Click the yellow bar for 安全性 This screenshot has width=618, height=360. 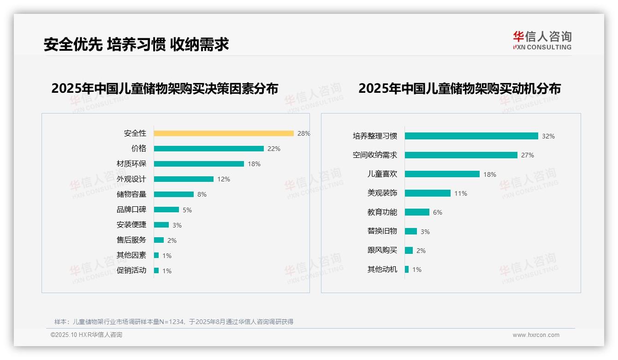click(x=224, y=133)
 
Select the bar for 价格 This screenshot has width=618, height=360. click(x=208, y=149)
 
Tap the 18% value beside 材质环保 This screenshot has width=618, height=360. click(x=254, y=164)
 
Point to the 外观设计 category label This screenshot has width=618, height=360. click(x=131, y=179)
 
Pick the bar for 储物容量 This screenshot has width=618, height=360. click(x=174, y=194)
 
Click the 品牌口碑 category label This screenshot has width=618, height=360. click(x=131, y=210)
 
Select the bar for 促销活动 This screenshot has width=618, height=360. click(x=156, y=270)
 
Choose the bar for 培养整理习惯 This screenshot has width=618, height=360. click(x=471, y=136)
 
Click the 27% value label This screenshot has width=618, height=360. click(x=528, y=155)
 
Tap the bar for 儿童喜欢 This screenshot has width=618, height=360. click(x=442, y=174)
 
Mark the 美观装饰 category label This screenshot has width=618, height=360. click(x=382, y=193)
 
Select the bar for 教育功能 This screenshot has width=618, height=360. click(x=417, y=212)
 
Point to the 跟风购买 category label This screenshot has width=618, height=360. click(x=382, y=250)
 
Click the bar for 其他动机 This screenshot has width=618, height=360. click(x=407, y=270)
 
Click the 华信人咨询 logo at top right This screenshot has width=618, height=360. click(x=542, y=41)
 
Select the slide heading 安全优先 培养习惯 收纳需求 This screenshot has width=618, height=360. click(x=136, y=44)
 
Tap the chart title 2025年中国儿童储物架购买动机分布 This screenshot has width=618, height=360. click(x=459, y=88)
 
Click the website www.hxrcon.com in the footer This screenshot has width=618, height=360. click(x=536, y=335)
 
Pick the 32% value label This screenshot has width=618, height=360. click(x=548, y=136)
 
